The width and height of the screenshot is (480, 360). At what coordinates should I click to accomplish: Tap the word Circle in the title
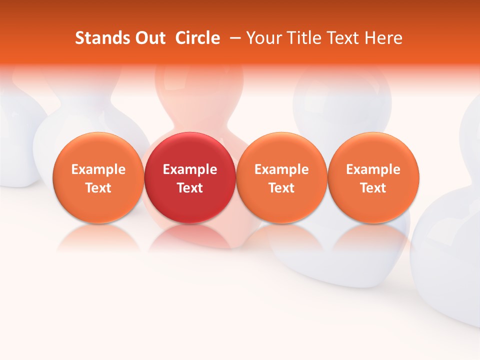pyautogui.click(x=197, y=38)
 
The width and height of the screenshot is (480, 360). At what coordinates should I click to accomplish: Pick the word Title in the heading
pyautogui.click(x=300, y=38)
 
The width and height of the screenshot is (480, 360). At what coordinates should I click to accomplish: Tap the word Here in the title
pyautogui.click(x=383, y=38)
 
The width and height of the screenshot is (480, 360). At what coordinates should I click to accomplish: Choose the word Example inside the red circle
pyautogui.click(x=190, y=169)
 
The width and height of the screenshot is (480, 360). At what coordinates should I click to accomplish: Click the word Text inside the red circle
pyautogui.click(x=190, y=188)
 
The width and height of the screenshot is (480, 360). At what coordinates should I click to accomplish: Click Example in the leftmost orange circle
pyautogui.click(x=98, y=169)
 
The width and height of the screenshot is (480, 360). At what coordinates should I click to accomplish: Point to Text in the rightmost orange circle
pyautogui.click(x=373, y=188)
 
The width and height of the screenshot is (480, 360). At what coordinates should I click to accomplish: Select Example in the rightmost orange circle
pyautogui.click(x=373, y=169)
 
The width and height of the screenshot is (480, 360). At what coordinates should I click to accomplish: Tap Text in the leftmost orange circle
pyautogui.click(x=98, y=188)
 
